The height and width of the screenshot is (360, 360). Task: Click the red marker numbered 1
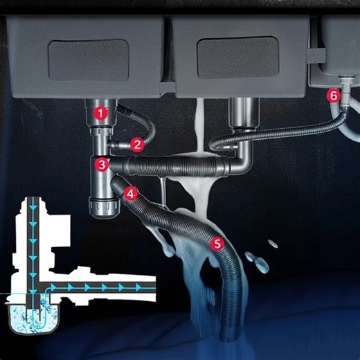point(101,111)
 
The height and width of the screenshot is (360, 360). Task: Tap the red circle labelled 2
point(137,145)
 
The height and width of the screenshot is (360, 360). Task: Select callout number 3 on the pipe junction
point(102,165)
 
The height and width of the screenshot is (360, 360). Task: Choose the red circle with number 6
point(334,96)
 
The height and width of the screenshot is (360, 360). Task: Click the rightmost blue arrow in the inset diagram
point(141,286)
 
